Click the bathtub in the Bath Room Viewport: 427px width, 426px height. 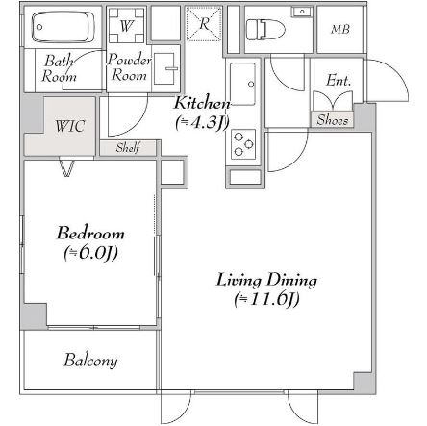(x=63, y=27)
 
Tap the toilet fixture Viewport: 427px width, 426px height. (x=265, y=30)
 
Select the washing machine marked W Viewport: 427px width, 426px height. (x=126, y=25)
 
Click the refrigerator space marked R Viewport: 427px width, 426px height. (x=204, y=24)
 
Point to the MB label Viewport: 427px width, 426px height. (x=340, y=30)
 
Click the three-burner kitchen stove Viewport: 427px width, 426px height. (x=243, y=144)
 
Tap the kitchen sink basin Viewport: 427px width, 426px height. (x=242, y=84)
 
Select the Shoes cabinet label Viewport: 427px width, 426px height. (x=333, y=120)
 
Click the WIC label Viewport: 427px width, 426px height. (x=70, y=126)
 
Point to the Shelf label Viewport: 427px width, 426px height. (x=128, y=148)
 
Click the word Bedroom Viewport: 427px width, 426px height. (x=90, y=233)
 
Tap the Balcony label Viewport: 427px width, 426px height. (x=90, y=361)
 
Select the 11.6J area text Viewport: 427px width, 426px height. (x=266, y=300)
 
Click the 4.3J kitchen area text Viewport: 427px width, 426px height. (x=202, y=123)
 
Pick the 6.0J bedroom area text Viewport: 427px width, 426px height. (x=91, y=253)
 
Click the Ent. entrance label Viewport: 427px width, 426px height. (x=339, y=80)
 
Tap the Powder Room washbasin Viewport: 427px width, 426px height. (x=165, y=68)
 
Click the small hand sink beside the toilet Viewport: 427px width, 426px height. (x=301, y=12)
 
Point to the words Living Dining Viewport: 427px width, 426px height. (x=266, y=280)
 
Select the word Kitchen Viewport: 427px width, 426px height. (x=202, y=103)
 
